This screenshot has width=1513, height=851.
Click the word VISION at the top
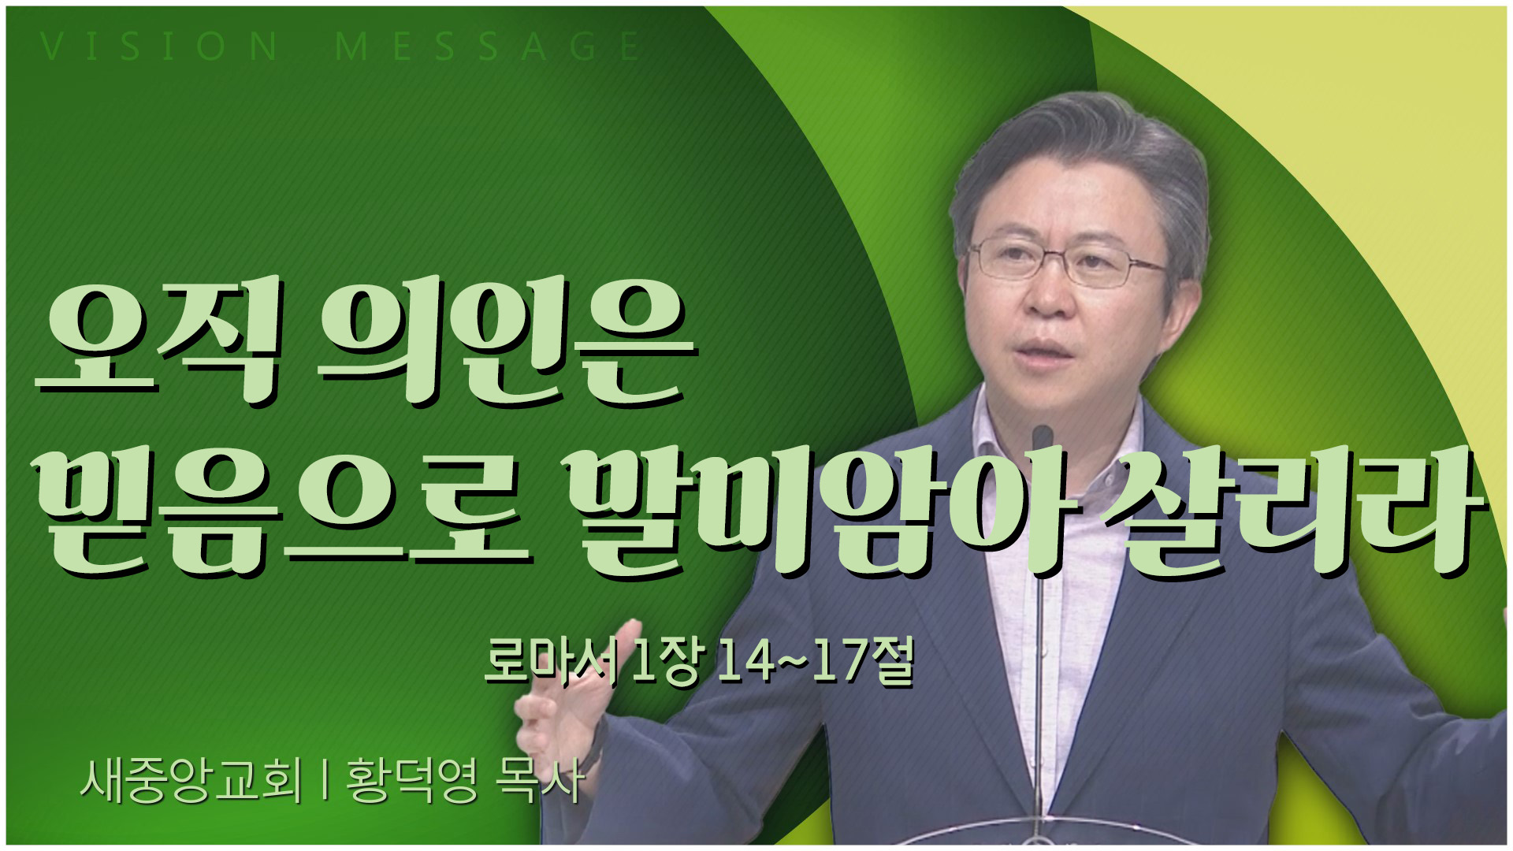159,46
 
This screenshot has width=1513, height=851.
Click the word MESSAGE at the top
488,46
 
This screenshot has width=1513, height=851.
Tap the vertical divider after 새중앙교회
325,780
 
